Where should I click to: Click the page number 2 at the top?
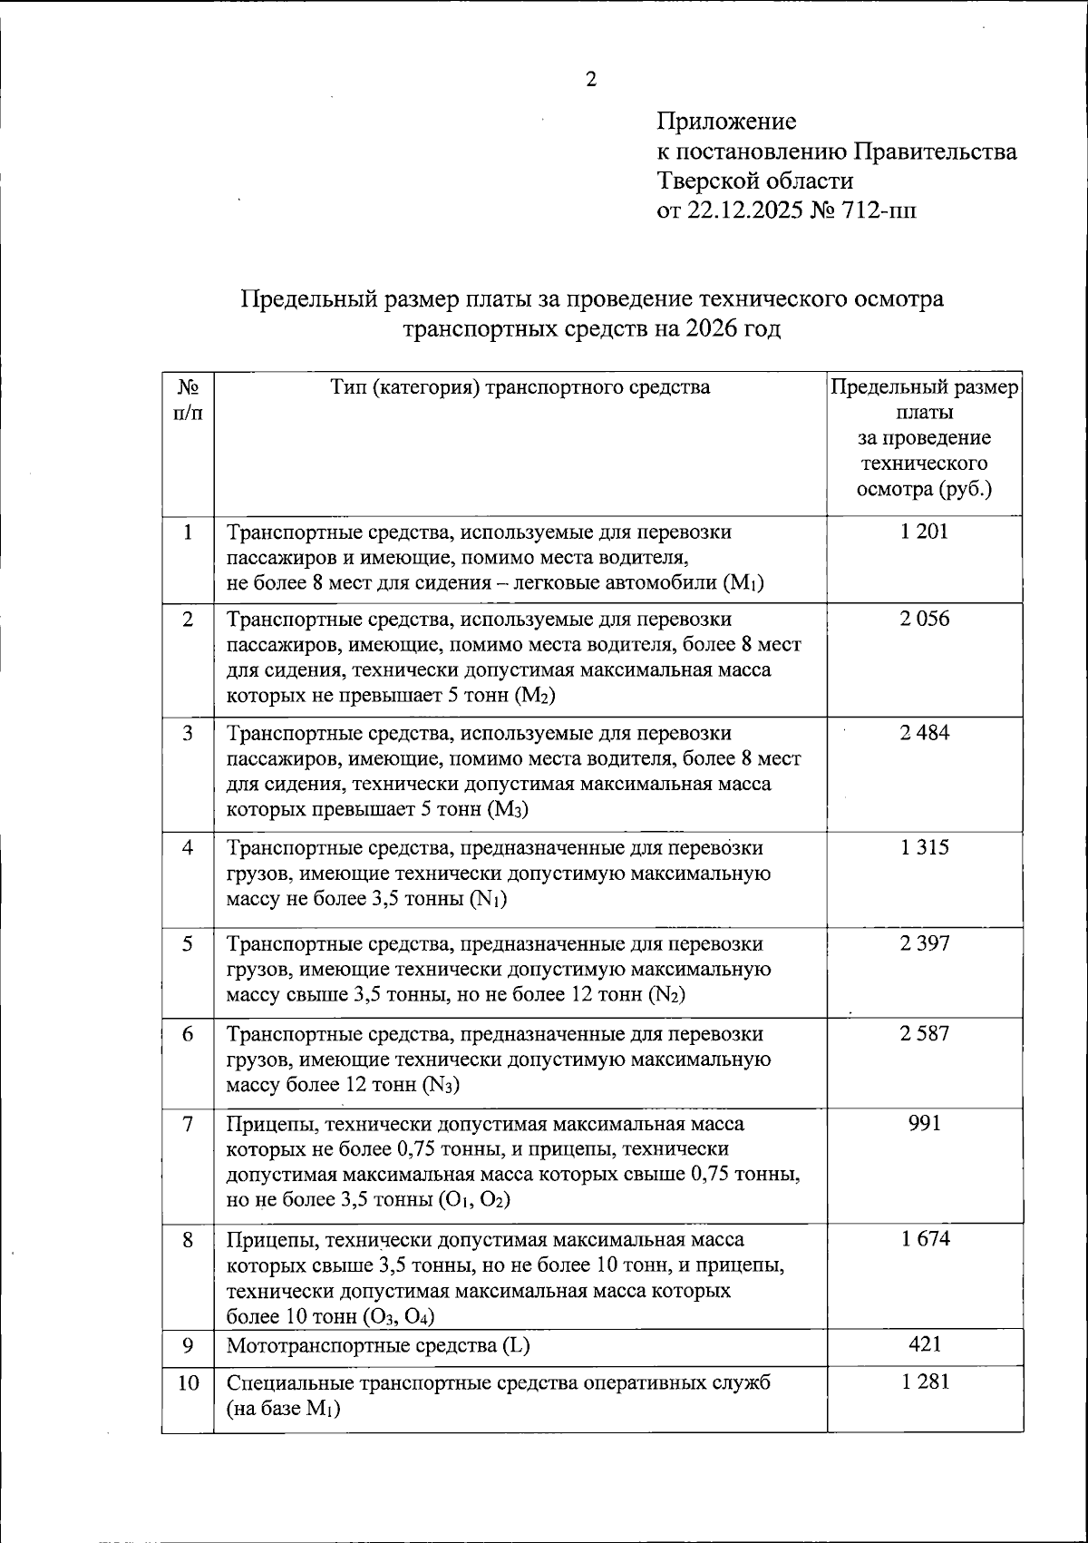pos(591,80)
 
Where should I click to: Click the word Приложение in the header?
pos(726,121)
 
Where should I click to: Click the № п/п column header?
pos(188,399)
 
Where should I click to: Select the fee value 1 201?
pos(924,532)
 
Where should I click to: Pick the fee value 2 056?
pos(924,620)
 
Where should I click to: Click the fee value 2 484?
pos(924,733)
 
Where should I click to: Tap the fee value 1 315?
pos(924,848)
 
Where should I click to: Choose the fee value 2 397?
pos(924,943)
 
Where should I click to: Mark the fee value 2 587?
pos(924,1034)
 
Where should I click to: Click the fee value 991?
pos(924,1124)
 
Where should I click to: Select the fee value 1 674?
pos(924,1239)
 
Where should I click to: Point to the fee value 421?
pos(924,1344)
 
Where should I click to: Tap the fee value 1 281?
pos(924,1382)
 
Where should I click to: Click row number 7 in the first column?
pos(188,1124)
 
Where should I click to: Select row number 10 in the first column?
pos(188,1383)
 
